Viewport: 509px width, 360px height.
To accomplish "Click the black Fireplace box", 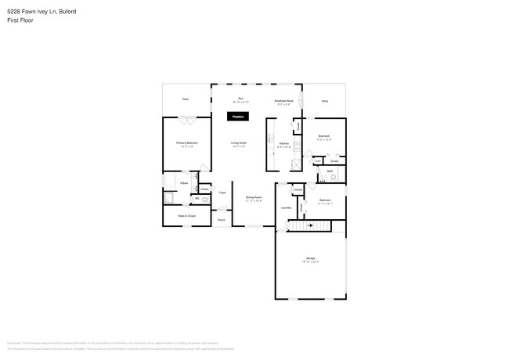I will point(237,117).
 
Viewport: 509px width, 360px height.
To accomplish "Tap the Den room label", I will point(241,99).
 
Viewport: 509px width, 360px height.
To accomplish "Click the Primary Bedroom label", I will point(186,143).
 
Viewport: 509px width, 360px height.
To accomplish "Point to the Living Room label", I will point(239,143).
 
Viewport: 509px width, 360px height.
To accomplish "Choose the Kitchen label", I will point(285,144).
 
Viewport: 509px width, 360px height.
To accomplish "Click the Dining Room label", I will point(253,198).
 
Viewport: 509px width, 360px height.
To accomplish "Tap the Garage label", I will point(310,259).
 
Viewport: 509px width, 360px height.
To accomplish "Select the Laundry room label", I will point(286,207).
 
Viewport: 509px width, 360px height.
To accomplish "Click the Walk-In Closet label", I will point(186,214).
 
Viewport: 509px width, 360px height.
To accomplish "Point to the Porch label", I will point(222,220).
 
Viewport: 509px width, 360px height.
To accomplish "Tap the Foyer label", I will point(222,192).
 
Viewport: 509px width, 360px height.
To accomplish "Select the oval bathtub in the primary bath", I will point(170,182).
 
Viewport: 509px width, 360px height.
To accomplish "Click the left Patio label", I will point(186,99).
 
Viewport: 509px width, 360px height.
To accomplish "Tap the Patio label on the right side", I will point(325,101).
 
